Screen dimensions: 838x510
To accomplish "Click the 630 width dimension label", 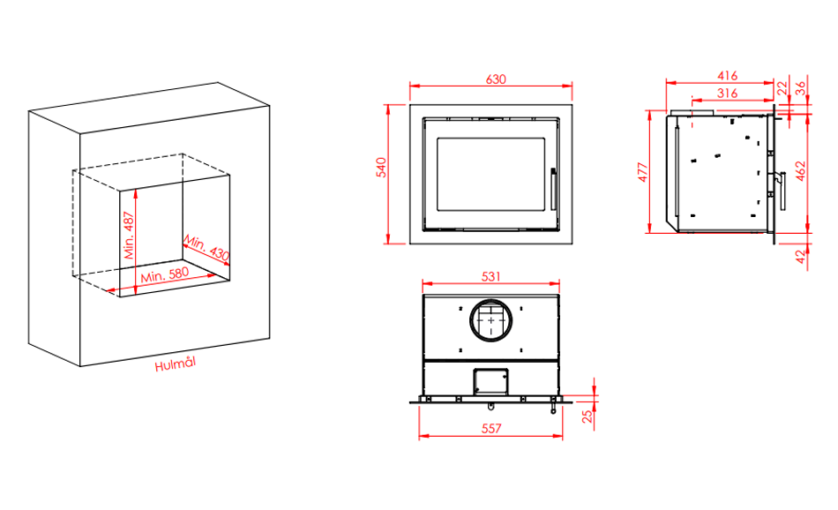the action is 496,79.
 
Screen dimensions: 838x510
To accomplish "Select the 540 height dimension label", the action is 381,168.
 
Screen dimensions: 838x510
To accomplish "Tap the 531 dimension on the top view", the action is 491,276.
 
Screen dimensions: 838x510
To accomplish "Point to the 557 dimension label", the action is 491,428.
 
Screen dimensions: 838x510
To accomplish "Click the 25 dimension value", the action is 587,416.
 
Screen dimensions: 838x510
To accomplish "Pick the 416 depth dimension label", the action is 728,75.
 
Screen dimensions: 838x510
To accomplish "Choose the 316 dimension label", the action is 728,93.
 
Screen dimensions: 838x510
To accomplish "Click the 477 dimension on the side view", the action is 643,172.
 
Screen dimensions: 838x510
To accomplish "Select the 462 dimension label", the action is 800,171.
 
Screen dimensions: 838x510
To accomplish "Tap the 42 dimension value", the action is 800,257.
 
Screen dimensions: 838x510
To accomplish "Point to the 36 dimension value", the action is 800,88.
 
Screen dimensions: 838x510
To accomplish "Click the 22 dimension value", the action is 782,88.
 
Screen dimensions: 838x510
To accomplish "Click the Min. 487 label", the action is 129,236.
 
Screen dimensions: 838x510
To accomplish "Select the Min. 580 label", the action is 165,274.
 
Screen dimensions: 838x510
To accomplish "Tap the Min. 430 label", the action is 206,248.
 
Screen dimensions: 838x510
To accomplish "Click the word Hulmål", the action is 176,364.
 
